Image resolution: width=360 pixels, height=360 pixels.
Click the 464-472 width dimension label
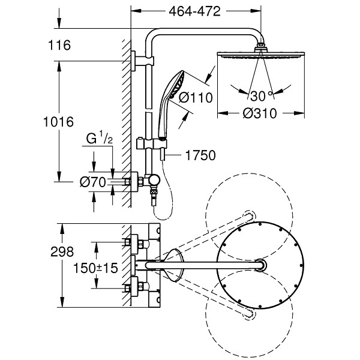coord(194,11)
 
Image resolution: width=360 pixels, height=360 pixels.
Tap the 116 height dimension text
coord(59,45)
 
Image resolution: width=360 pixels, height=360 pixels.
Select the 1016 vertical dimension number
coord(58,122)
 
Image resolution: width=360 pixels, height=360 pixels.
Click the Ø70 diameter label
coord(93,182)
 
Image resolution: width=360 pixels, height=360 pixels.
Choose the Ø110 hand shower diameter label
coord(196,98)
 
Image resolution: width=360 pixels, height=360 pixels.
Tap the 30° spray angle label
coord(261,96)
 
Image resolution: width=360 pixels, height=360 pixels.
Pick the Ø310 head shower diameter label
coord(260,113)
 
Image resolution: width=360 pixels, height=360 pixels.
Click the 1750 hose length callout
coord(200,155)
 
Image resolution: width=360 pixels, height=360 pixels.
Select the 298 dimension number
coord(62,251)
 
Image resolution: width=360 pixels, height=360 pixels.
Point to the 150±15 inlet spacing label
coord(95,268)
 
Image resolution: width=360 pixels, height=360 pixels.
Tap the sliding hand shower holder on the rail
coord(152,143)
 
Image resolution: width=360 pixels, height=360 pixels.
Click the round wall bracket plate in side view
coord(133,61)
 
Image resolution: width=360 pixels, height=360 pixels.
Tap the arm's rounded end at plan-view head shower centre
coord(261,265)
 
